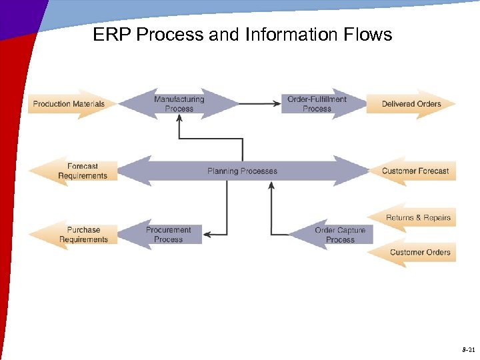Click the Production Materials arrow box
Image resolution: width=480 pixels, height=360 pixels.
tap(69, 104)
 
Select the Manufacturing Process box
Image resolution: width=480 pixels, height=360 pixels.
tap(179, 104)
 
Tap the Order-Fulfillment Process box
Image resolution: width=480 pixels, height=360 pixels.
tap(317, 104)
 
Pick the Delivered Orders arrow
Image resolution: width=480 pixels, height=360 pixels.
tap(411, 104)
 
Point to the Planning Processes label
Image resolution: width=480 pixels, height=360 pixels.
tap(242, 171)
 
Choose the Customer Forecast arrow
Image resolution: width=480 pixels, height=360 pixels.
tap(415, 171)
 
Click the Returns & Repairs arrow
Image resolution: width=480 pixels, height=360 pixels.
tap(417, 218)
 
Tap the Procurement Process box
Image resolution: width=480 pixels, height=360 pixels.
tap(168, 235)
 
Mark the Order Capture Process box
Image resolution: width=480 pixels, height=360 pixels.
tap(340, 235)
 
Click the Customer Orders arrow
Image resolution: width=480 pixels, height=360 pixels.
tap(419, 253)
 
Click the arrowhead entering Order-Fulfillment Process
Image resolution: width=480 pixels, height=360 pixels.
tap(277, 103)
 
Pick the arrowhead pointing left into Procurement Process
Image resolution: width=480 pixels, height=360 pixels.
tap(207, 235)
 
